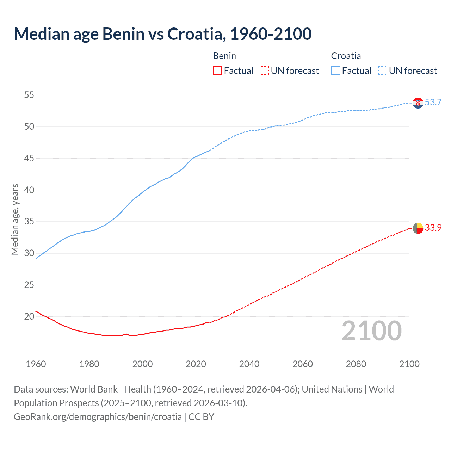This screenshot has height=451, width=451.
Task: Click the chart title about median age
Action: point(163,34)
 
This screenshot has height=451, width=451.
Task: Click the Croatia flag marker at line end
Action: point(418,103)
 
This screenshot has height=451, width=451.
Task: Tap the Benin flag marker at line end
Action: point(418,228)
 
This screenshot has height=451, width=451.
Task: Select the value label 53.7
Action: point(433,103)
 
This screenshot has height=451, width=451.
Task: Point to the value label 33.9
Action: point(433,228)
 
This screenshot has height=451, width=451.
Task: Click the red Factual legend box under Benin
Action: point(217,71)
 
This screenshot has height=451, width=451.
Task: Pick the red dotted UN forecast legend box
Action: point(264,71)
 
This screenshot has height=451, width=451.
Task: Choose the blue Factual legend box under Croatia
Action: point(336,71)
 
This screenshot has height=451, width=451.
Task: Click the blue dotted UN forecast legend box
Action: point(383,71)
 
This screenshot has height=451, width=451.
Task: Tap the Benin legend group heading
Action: point(224,56)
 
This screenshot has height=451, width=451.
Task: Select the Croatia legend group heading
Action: point(346,56)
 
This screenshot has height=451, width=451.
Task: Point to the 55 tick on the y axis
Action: point(29,95)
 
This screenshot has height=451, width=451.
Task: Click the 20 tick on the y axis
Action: point(29,316)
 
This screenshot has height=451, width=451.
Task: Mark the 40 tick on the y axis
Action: point(29,190)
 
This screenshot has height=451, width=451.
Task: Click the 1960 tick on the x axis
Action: point(36,364)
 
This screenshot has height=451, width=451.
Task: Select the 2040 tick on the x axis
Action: point(249,364)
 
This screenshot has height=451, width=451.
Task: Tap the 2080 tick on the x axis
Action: point(356,364)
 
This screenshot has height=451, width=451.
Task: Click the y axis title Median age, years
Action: point(15,219)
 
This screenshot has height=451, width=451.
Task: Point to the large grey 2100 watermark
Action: point(371,331)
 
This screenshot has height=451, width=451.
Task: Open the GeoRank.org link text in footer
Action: point(98,417)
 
